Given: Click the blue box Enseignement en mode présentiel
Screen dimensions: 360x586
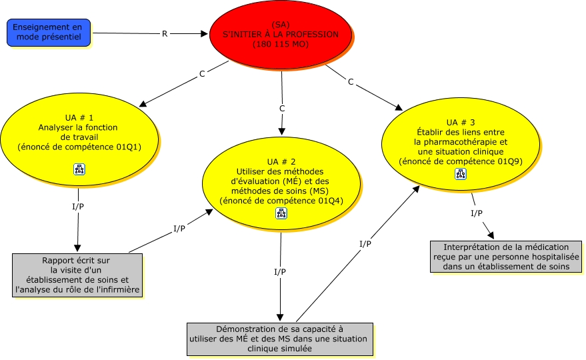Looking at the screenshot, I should tap(49, 33).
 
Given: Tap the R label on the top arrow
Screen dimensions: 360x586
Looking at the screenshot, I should tap(165, 33).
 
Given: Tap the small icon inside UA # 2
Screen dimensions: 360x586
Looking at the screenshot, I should tap(281, 213).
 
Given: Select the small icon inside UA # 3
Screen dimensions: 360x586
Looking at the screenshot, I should tap(460, 174).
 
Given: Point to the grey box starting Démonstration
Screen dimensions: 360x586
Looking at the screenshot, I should tap(279, 338).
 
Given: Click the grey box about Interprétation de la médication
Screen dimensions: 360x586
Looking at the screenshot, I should tap(505, 257).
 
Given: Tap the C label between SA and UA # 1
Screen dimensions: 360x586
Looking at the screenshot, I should tap(202, 74).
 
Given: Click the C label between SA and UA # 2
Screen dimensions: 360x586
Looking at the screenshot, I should tap(282, 108).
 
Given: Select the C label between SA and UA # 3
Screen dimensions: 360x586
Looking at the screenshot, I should tap(351, 81).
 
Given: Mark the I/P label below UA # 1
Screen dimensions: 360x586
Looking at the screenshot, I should tap(78, 206).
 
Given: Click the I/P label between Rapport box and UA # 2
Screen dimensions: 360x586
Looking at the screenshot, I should tap(179, 229).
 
